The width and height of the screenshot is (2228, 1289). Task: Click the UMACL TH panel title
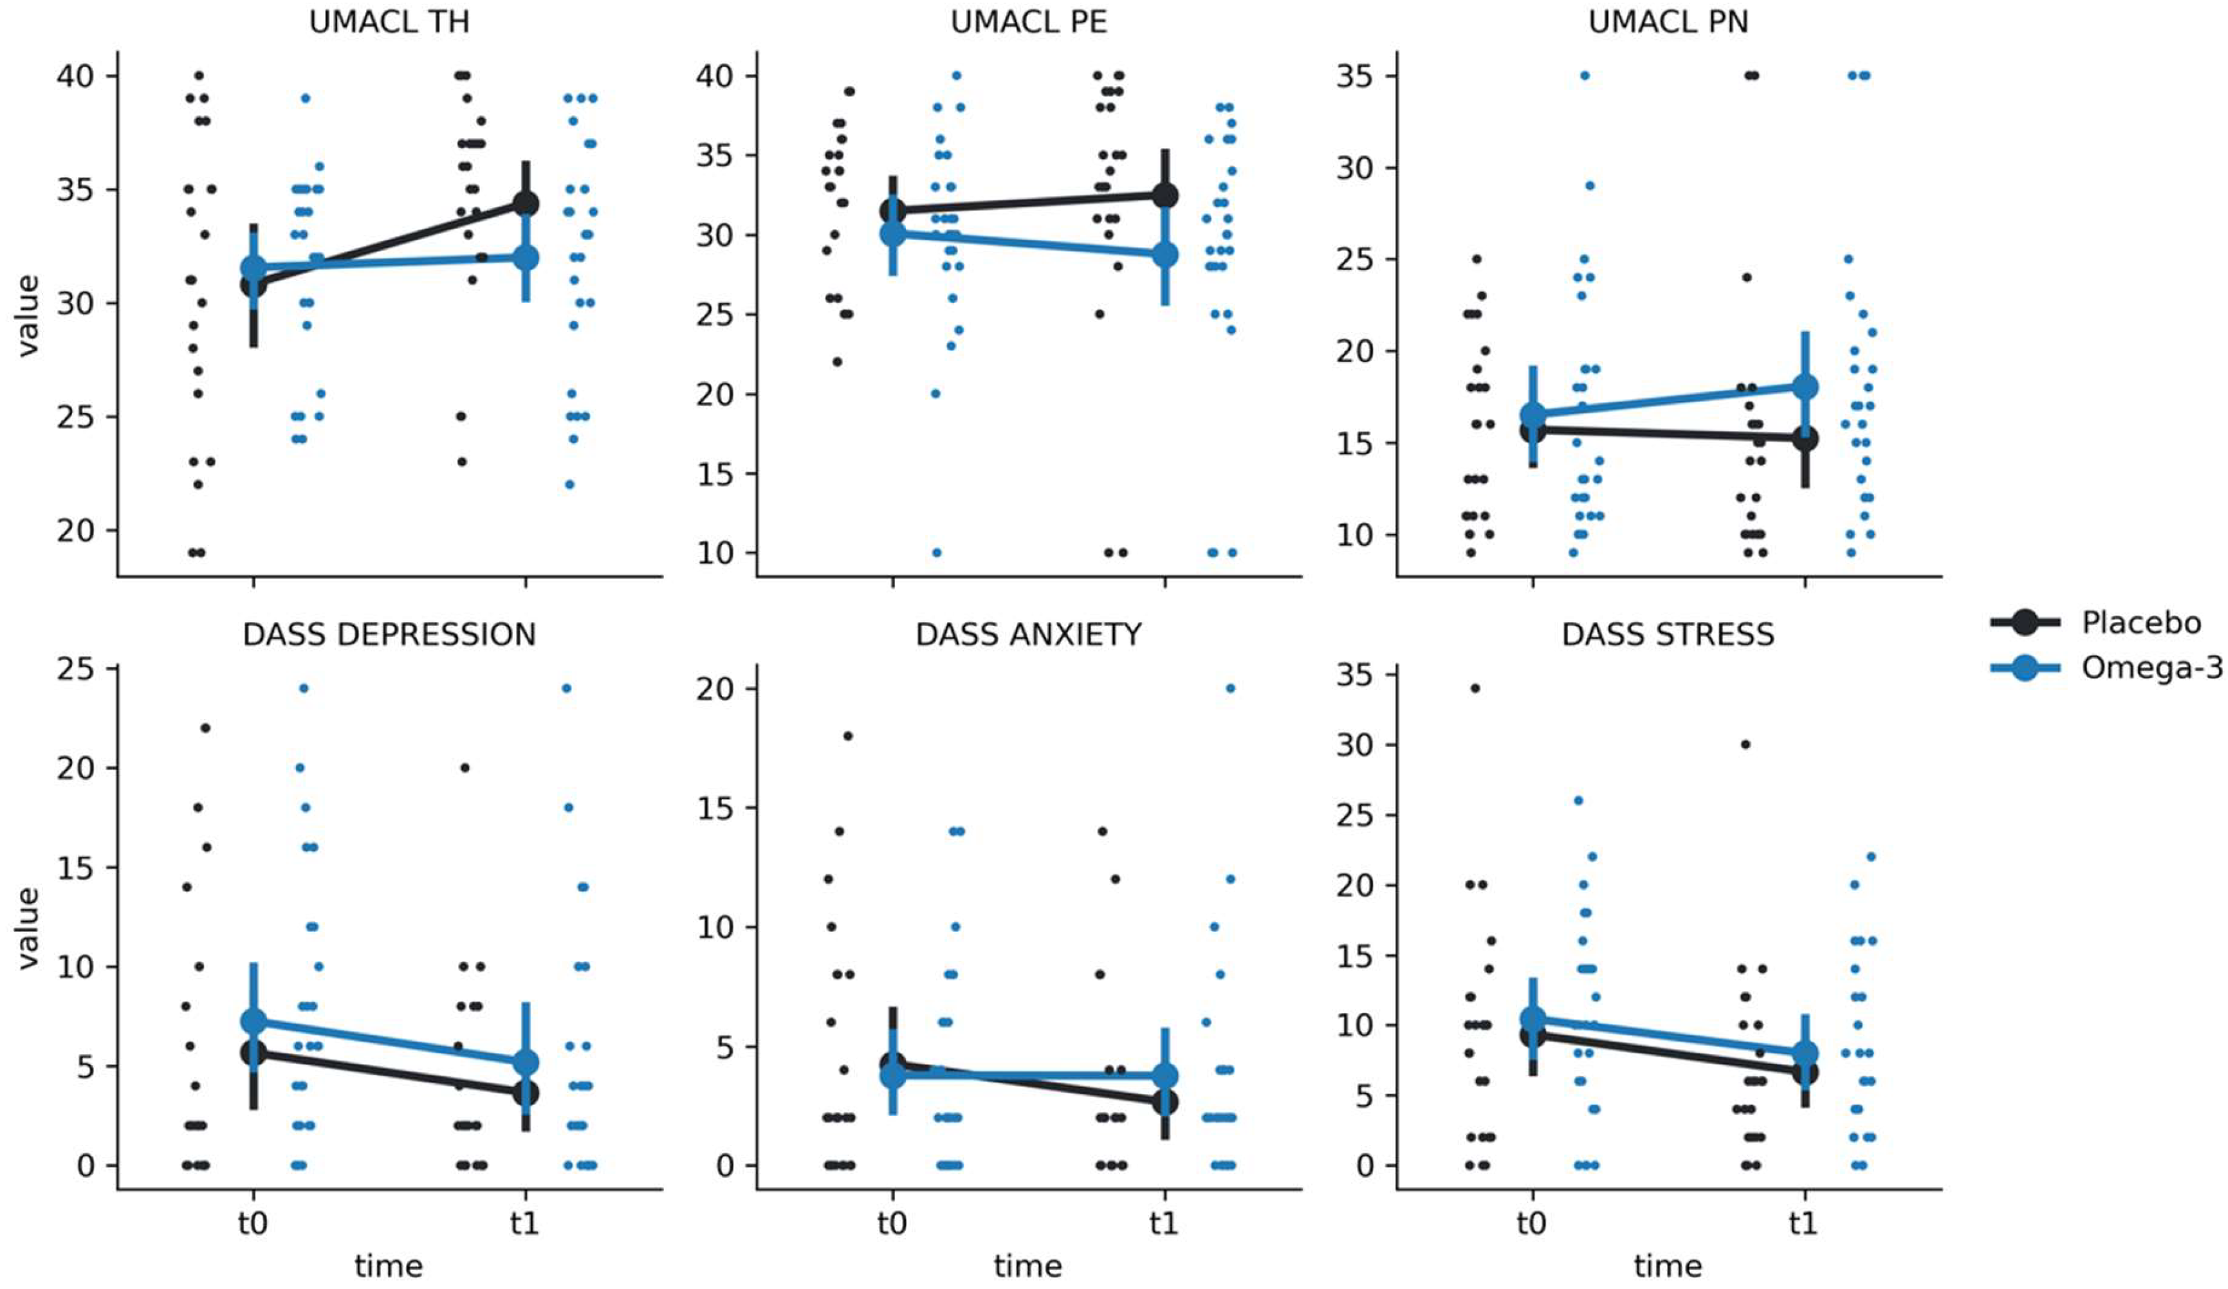pos(389,22)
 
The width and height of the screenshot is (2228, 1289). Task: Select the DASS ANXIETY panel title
pos(1028,635)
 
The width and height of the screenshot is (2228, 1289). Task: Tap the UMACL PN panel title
pos(1668,22)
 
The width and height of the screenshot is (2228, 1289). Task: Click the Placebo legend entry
pos(2140,623)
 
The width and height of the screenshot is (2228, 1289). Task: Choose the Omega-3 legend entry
pos(2150,668)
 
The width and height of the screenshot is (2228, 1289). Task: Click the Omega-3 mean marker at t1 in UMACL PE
pos(1165,255)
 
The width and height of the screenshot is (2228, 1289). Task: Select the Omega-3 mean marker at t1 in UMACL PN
pos(1805,387)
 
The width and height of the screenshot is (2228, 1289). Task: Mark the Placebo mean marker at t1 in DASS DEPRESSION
pos(525,1093)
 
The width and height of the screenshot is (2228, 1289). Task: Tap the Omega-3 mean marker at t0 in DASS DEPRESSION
pos(253,1021)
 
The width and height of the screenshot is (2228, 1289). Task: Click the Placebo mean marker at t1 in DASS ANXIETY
pos(1165,1102)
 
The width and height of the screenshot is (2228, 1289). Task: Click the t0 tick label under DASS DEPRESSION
pos(253,1225)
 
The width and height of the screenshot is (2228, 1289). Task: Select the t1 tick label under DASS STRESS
pos(1803,1225)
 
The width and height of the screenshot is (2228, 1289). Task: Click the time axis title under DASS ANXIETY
pos(1027,1266)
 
